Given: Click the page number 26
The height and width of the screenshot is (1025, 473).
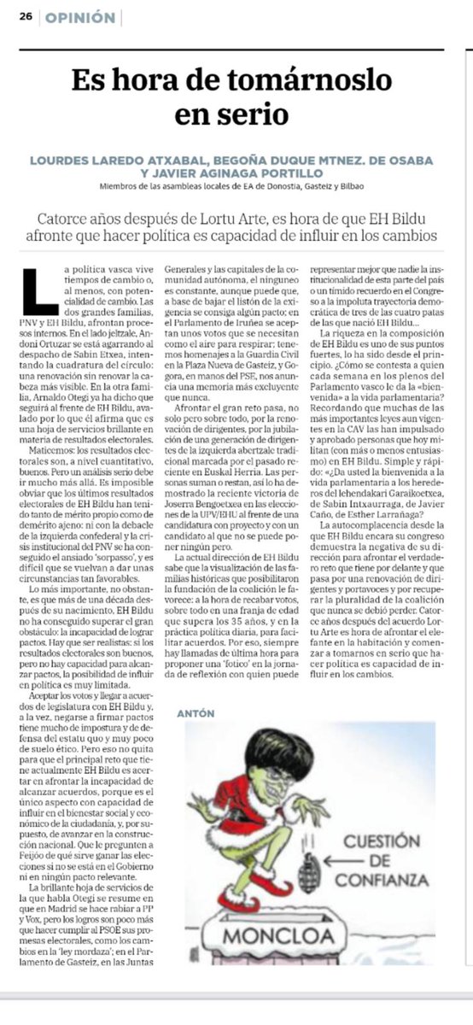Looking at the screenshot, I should (x=26, y=17).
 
